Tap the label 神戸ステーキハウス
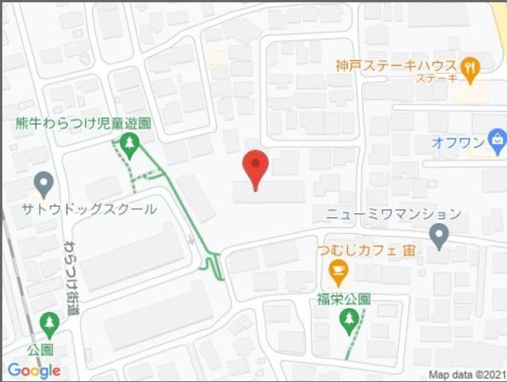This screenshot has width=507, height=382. click(395, 66)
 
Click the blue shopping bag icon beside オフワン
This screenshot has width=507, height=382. click(496, 142)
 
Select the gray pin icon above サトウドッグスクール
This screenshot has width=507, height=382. click(44, 185)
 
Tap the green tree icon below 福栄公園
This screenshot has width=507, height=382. click(349, 319)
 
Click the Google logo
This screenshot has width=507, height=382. click(33, 370)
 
